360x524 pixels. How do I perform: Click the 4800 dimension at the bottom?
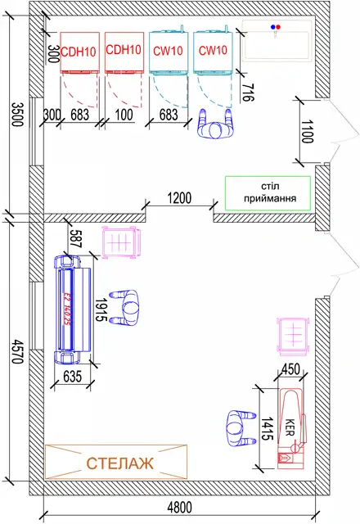point(179,508)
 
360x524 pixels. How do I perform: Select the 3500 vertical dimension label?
point(17,115)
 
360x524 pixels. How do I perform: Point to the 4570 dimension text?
point(17,351)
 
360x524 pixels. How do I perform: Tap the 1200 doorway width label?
point(179,198)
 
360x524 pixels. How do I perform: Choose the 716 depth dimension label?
point(248,93)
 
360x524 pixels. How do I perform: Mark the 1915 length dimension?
point(101,310)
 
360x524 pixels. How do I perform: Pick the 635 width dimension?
point(72,376)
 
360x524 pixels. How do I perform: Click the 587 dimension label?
point(76,238)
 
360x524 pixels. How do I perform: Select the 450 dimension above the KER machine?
point(291,369)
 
